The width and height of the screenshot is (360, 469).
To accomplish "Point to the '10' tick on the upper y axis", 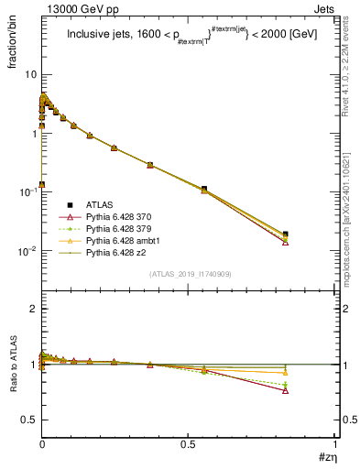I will (x=27, y=74).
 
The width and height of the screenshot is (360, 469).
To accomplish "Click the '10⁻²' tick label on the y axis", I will (x=24, y=250).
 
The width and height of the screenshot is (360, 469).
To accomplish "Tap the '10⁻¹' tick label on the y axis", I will (x=24, y=191).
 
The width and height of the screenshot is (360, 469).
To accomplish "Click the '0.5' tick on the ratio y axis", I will (x=27, y=420).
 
